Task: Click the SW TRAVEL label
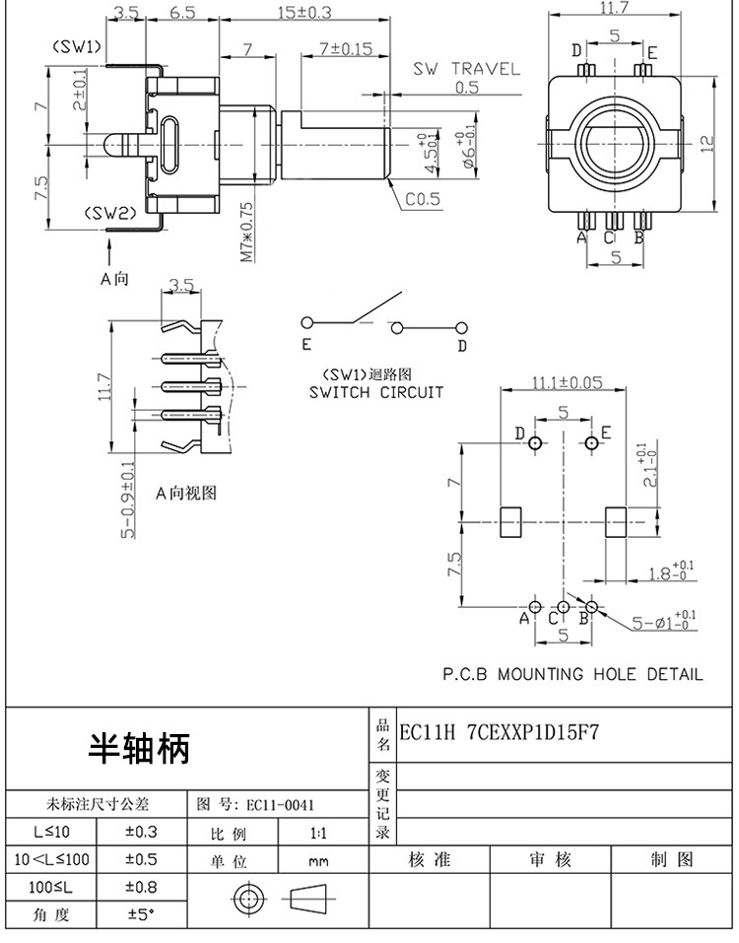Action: point(465,69)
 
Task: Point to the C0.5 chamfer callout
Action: point(421,200)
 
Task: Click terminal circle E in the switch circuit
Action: point(307,323)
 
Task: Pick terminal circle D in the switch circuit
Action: point(460,326)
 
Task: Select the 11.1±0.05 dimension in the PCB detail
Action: point(567,382)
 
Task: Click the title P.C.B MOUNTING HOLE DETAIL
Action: point(571,675)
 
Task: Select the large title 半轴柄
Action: point(139,749)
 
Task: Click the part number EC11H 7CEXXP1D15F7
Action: point(499,733)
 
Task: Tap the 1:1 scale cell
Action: point(319,833)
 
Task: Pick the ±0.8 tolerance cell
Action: point(142,887)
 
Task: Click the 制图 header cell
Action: point(672,859)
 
